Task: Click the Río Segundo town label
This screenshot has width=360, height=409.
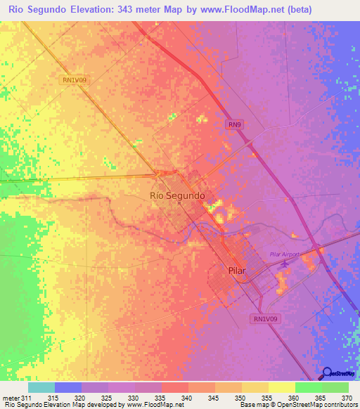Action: click(178, 195)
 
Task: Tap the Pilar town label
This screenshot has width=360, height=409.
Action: click(220, 269)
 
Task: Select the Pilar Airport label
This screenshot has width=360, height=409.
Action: click(285, 254)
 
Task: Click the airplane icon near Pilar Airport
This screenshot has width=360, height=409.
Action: click(285, 264)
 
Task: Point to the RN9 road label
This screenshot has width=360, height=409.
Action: click(235, 124)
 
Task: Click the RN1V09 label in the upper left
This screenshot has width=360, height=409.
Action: click(74, 80)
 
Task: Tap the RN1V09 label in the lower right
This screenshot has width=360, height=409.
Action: click(265, 318)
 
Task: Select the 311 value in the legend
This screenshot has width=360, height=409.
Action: click(27, 398)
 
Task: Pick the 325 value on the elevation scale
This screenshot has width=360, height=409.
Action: click(108, 398)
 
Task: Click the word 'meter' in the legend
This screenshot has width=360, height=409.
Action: click(11, 398)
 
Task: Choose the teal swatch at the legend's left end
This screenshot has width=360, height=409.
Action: click(41, 387)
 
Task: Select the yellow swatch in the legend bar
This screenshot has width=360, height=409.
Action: click(281, 387)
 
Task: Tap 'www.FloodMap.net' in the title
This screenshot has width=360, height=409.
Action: click(238, 10)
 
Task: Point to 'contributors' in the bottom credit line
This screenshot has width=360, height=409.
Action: click(338, 405)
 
